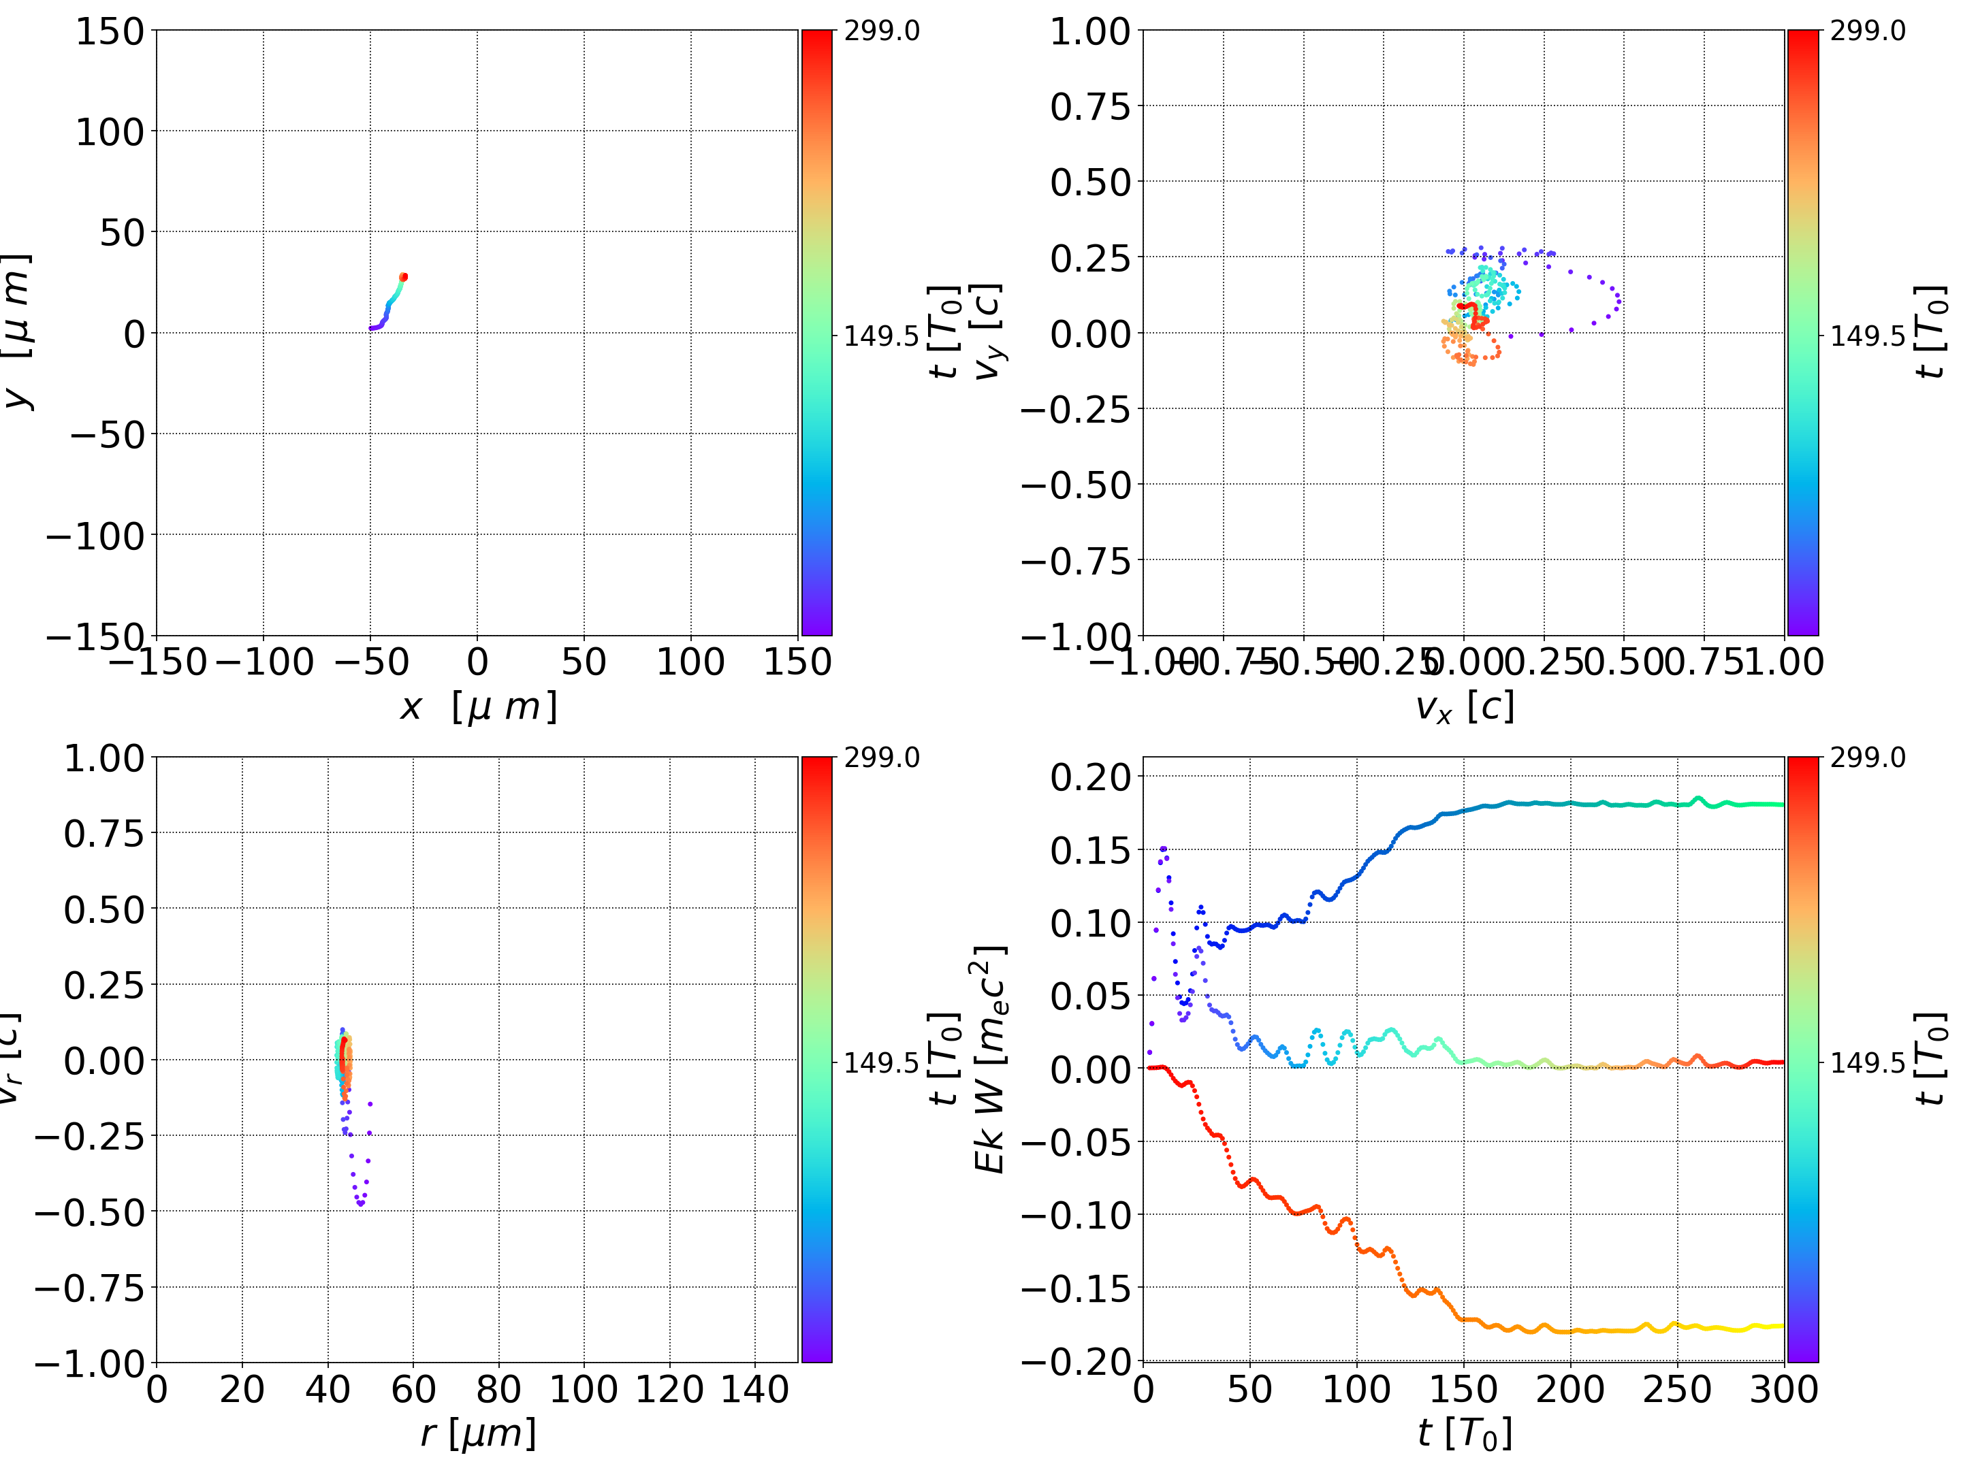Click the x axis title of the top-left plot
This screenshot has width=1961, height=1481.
(478, 706)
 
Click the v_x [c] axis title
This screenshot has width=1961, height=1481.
(1464, 706)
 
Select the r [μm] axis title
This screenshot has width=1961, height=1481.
(478, 1433)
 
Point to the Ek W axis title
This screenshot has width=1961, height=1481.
(989, 1059)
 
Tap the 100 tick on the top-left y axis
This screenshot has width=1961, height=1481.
(109, 132)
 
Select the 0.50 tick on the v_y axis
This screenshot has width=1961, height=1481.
(1090, 182)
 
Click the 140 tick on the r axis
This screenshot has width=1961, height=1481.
(754, 1389)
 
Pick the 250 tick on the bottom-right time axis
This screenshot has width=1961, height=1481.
(1676, 1389)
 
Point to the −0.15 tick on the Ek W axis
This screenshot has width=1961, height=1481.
(1077, 1288)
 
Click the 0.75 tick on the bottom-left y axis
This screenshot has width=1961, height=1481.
(103, 834)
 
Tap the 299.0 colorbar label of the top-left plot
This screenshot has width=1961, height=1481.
(881, 31)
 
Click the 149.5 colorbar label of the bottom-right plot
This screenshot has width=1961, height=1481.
(1867, 1062)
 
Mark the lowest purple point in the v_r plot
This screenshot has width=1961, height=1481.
(361, 1203)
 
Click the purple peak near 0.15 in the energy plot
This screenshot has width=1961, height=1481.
(1163, 848)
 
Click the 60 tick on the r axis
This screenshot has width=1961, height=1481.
(413, 1389)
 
